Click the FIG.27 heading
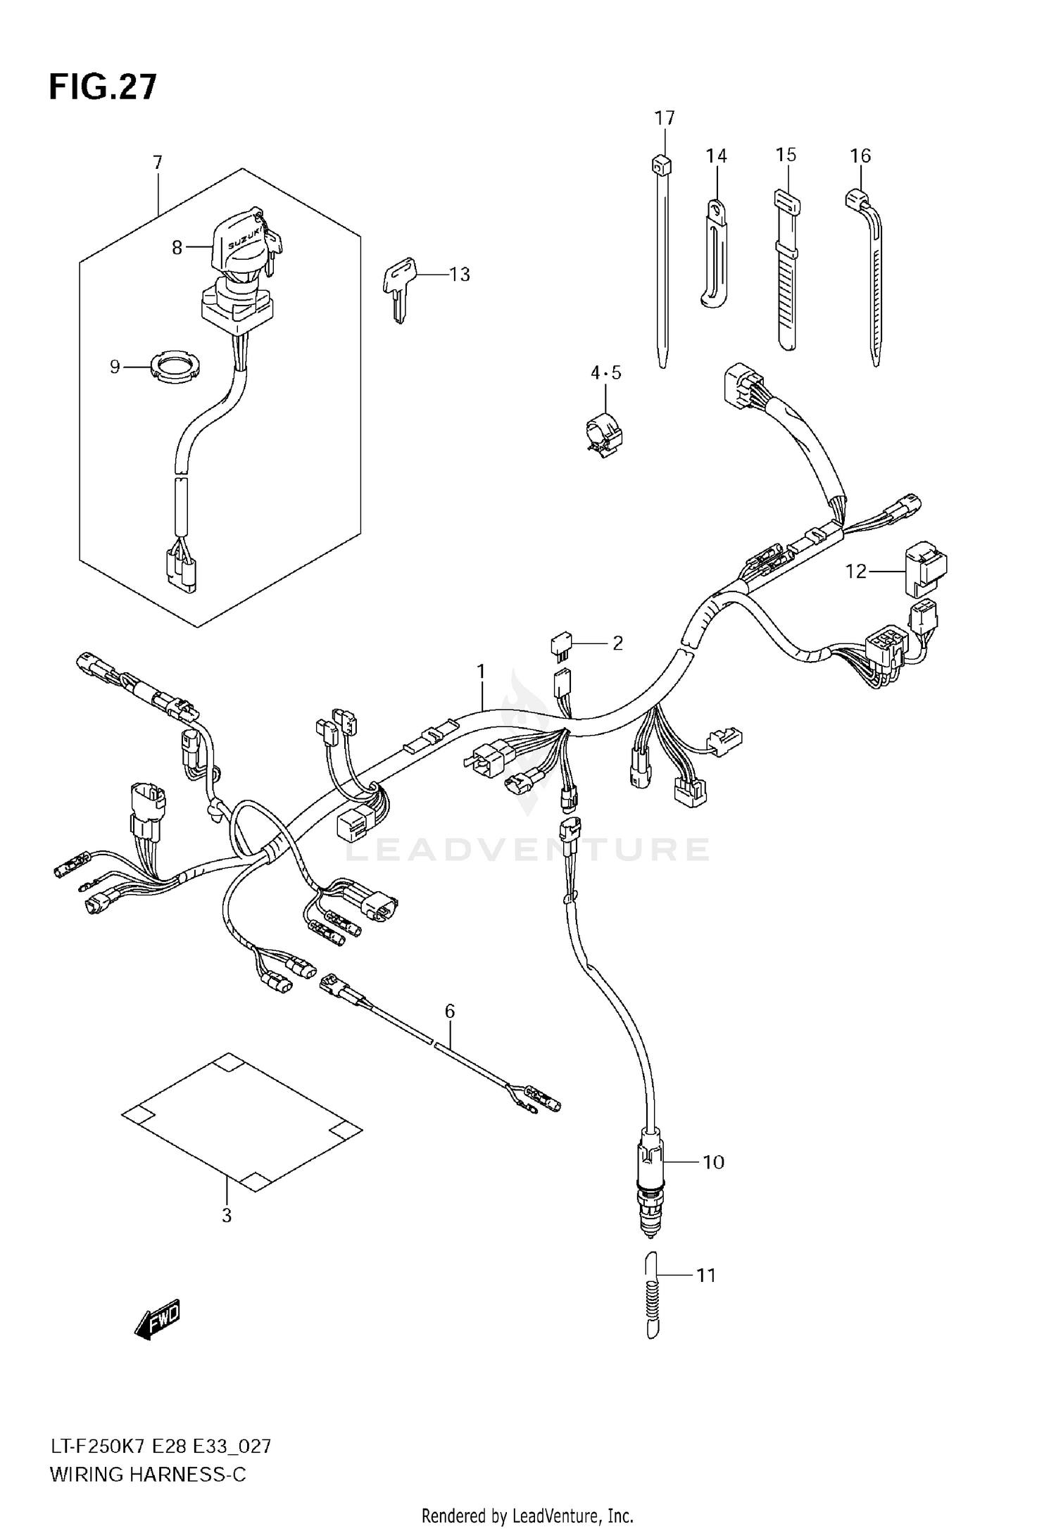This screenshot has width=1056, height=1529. click(x=103, y=88)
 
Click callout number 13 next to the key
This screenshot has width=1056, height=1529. click(x=459, y=275)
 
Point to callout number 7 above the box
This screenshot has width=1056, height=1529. click(x=158, y=163)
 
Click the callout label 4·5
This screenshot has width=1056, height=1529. click(x=605, y=372)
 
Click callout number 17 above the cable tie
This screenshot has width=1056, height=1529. click(x=665, y=118)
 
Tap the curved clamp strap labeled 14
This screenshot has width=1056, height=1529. click(x=715, y=257)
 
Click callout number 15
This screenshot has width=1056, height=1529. click(x=786, y=154)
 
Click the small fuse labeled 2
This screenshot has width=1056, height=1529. click(x=561, y=644)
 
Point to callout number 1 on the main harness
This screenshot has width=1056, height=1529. click(x=482, y=672)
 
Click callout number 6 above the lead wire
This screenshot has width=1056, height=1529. click(x=450, y=1012)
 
